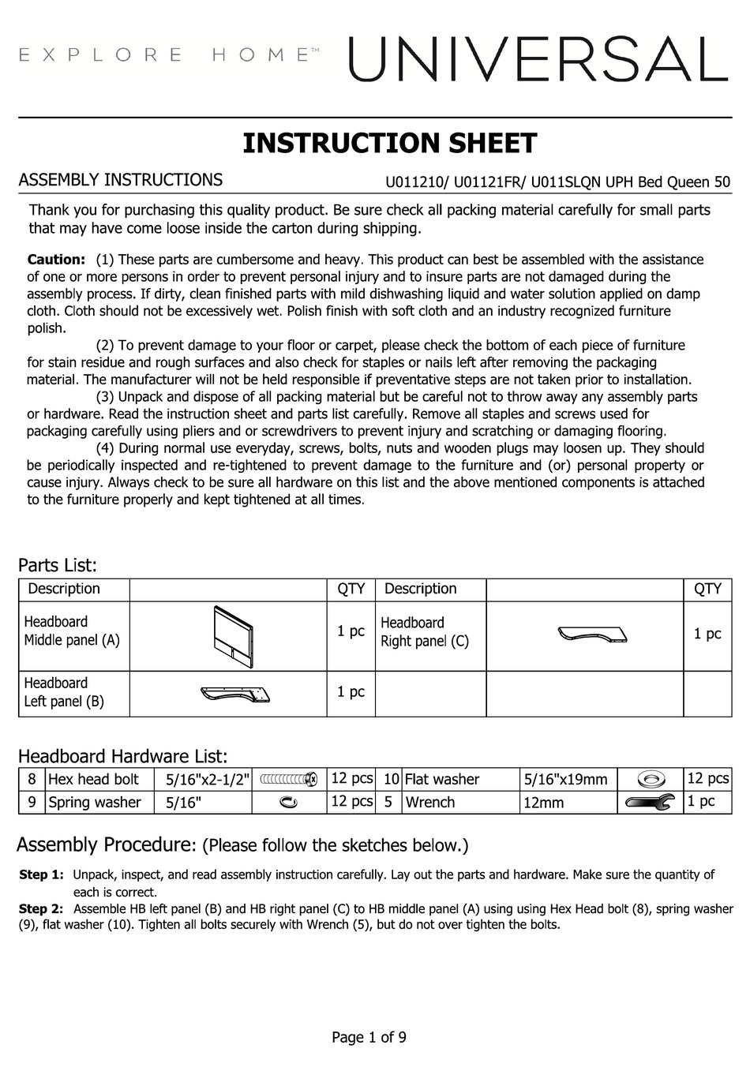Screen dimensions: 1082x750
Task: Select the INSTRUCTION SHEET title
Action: click(389, 144)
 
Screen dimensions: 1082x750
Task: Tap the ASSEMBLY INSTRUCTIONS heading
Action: click(120, 180)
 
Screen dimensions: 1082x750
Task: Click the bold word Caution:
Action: click(56, 260)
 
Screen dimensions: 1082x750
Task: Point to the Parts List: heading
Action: click(58, 565)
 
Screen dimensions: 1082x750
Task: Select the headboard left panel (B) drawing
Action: click(235, 694)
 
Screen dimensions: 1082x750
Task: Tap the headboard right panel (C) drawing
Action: click(592, 635)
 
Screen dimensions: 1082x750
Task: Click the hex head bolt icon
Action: click(289, 779)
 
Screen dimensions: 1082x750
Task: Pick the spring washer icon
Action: click(289, 802)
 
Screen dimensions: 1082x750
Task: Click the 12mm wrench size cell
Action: click(543, 803)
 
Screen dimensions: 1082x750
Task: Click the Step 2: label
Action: click(40, 909)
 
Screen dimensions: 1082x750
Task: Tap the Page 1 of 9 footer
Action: click(369, 1037)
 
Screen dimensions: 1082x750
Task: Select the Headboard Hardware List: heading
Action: click(122, 756)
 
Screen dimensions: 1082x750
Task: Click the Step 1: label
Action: click(40, 874)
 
